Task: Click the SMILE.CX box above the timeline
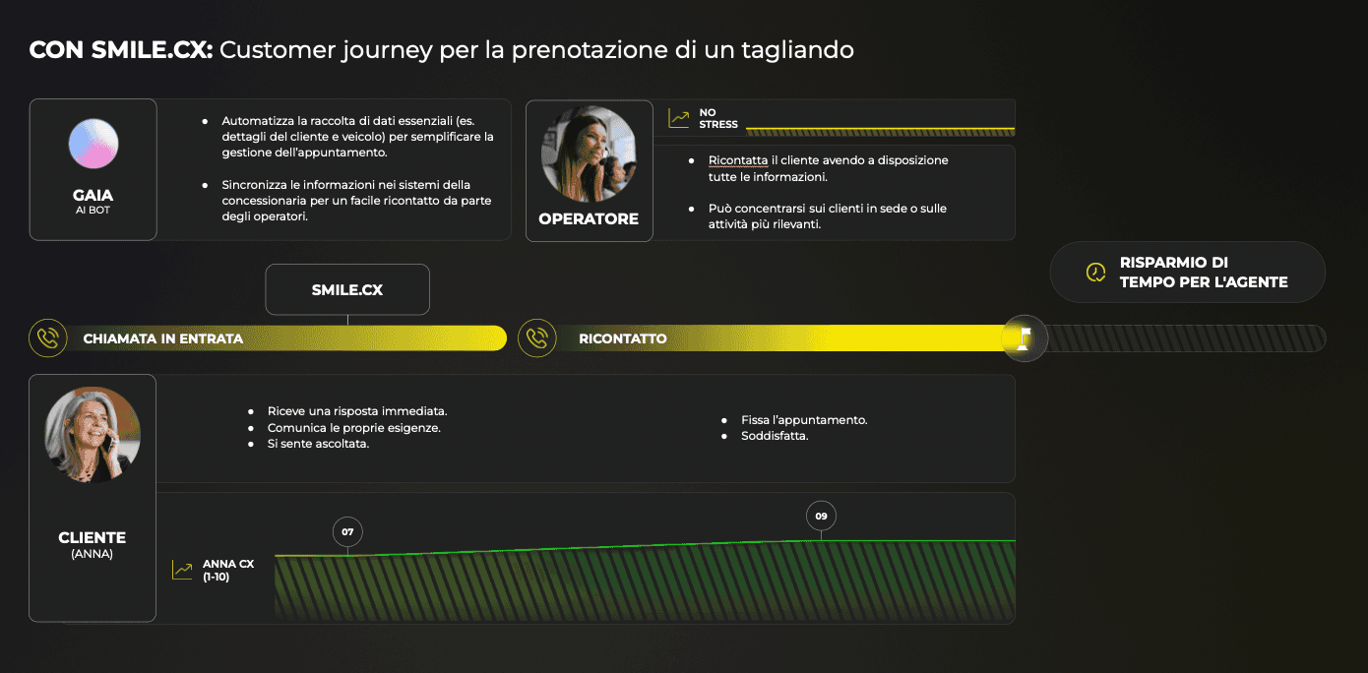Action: tap(347, 289)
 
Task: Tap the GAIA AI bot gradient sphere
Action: tap(93, 144)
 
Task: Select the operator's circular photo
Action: tap(589, 153)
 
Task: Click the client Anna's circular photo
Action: tap(93, 434)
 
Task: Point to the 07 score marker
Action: tap(347, 532)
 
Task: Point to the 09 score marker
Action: tap(821, 516)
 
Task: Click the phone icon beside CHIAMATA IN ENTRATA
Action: tap(48, 337)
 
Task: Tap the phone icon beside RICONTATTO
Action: tap(537, 337)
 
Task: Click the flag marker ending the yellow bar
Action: tap(1025, 338)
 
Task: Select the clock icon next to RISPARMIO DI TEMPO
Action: tap(1095, 273)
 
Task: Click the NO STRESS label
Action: tap(718, 118)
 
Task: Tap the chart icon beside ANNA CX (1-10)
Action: tap(182, 570)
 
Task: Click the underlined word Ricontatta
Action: tap(738, 160)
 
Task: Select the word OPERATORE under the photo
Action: tap(589, 218)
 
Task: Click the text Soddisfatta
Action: tap(775, 436)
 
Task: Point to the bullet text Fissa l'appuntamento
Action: tap(804, 420)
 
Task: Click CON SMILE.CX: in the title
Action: tap(121, 50)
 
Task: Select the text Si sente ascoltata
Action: tap(318, 444)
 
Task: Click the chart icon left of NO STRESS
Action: tap(678, 118)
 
